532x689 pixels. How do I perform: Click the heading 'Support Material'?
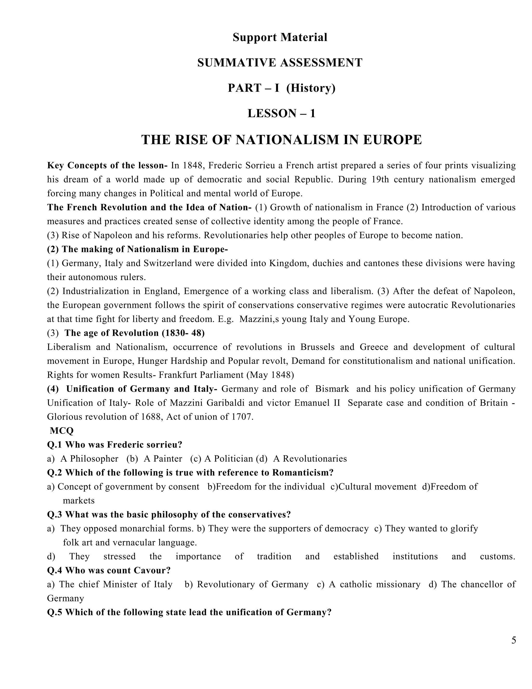(280, 37)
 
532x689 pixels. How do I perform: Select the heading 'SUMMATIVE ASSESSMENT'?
(280, 63)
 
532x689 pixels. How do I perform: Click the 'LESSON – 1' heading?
(281, 114)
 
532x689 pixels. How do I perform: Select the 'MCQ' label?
(62, 431)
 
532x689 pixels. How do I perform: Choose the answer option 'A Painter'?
(163, 459)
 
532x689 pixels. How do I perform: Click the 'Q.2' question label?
(55, 473)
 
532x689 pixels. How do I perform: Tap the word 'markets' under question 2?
(78, 501)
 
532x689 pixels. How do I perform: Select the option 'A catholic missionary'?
(374, 584)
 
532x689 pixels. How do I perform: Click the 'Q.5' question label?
(55, 613)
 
